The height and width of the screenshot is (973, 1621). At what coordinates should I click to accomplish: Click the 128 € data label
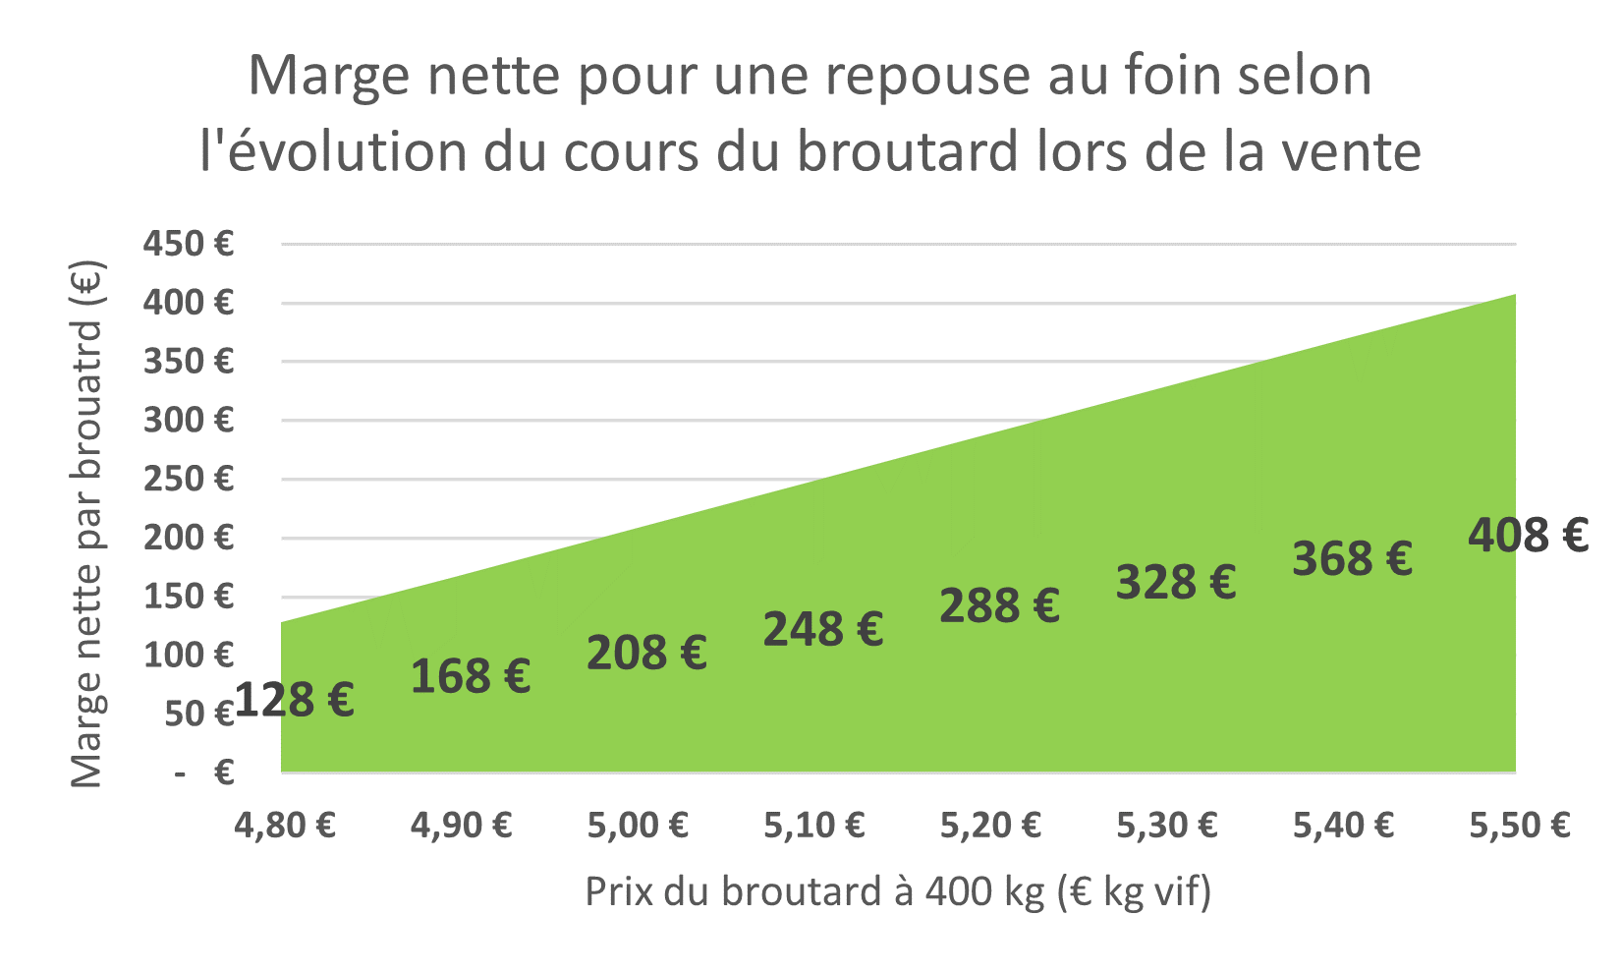(295, 701)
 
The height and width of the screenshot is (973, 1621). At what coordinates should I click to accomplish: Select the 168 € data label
(471, 676)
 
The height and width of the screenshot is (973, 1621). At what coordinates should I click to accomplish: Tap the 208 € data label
(646, 653)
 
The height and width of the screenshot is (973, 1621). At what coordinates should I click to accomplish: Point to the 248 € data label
(823, 629)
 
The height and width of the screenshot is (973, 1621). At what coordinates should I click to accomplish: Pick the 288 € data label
(999, 605)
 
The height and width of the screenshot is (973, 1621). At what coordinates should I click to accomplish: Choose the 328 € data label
(1176, 582)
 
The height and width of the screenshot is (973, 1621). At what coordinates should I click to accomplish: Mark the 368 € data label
(1352, 558)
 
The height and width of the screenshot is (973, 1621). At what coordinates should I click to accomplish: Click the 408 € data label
(1529, 536)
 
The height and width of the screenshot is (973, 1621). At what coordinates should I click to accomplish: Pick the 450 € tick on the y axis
(189, 244)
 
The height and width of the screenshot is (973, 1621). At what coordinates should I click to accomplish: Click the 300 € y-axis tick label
(189, 421)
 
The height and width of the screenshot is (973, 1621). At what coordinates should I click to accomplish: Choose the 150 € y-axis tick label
(189, 597)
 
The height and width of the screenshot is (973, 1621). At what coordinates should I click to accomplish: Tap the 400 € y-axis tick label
(189, 303)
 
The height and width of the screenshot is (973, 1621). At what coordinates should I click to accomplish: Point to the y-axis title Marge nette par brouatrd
(88, 526)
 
